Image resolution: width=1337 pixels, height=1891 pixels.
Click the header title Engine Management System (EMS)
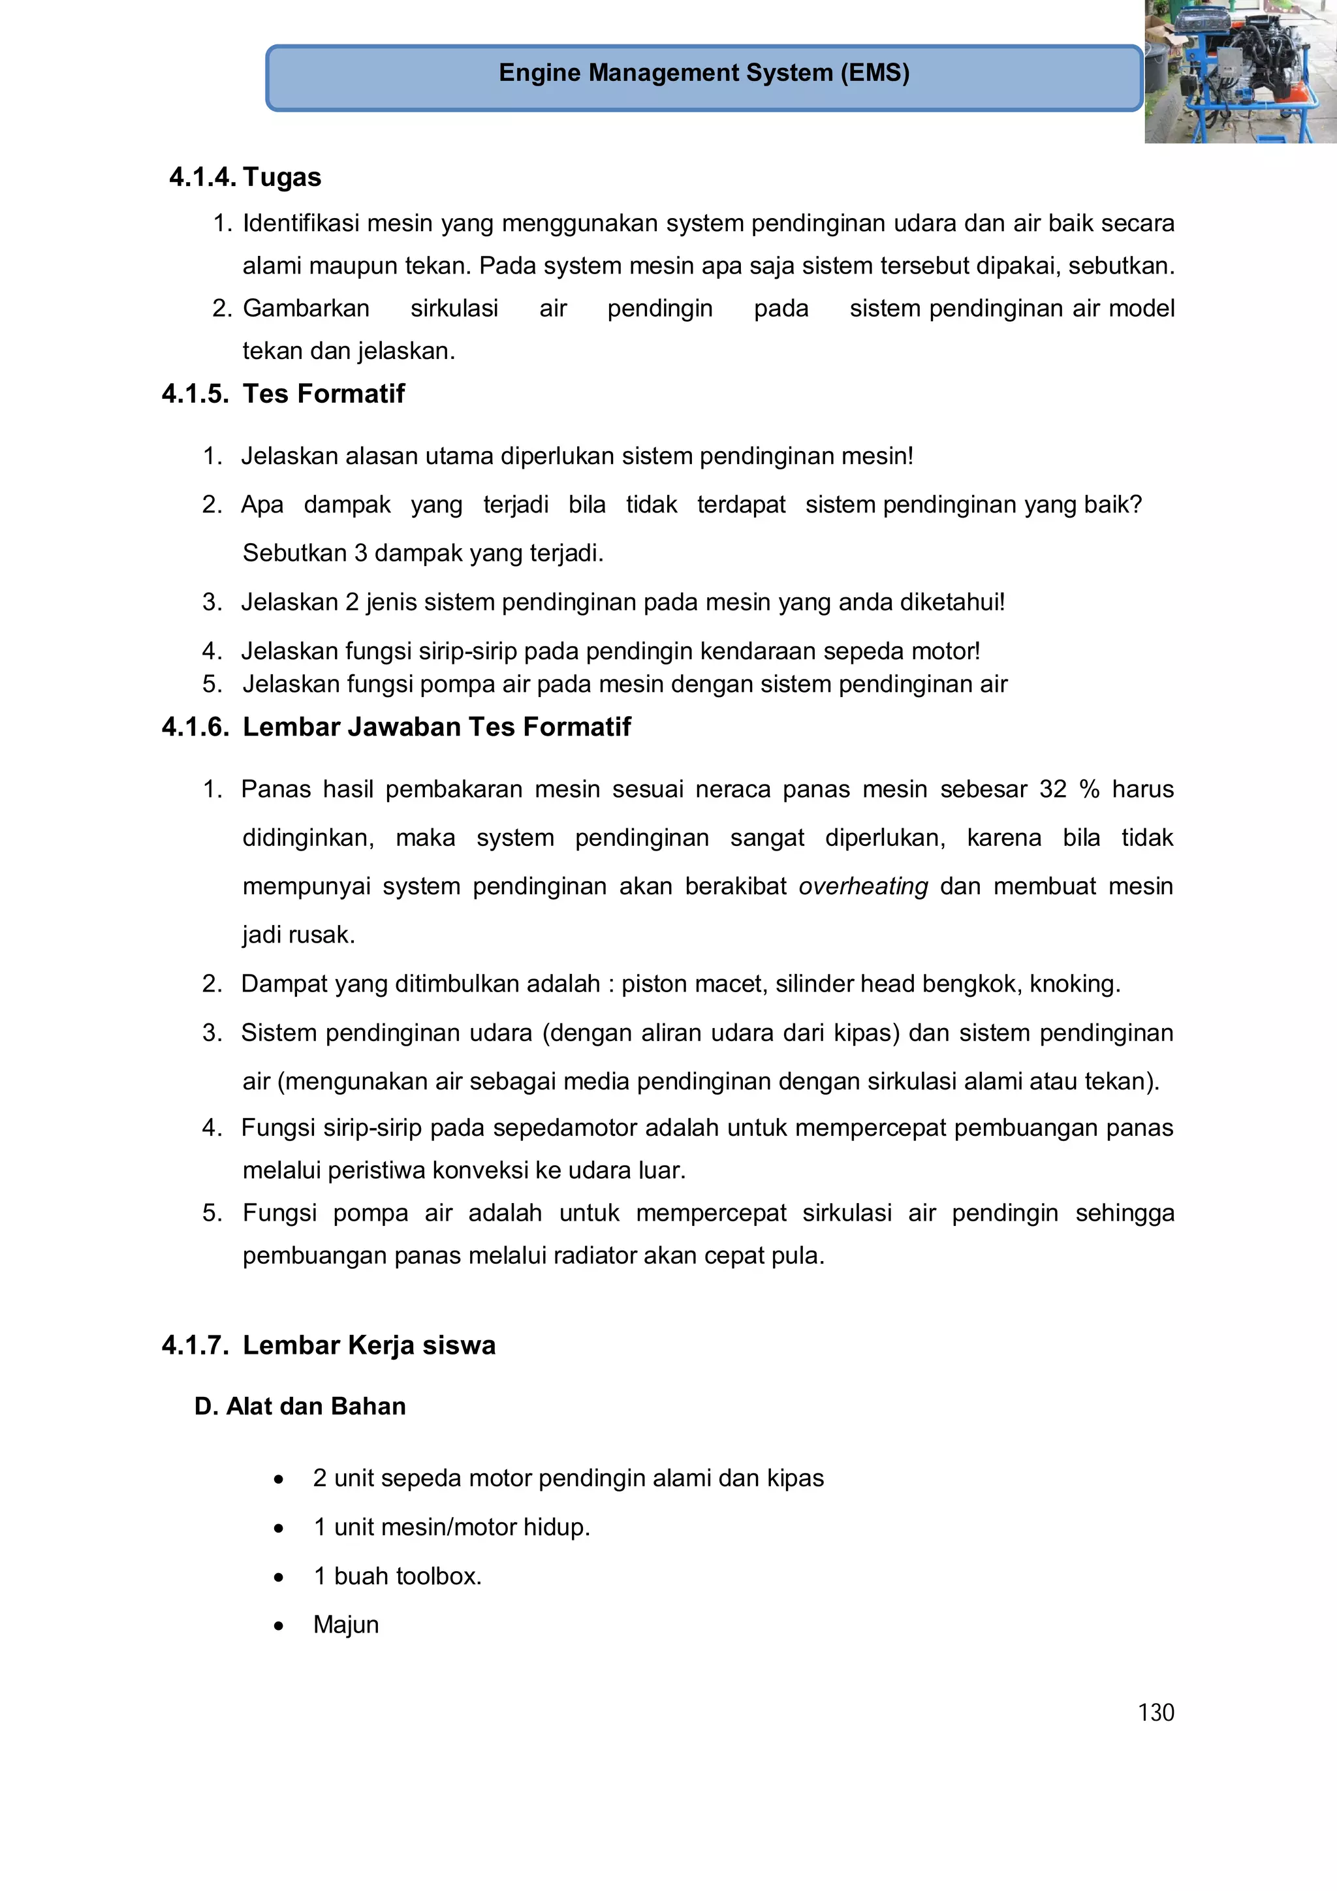tap(704, 72)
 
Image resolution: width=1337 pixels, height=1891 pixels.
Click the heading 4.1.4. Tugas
tap(245, 177)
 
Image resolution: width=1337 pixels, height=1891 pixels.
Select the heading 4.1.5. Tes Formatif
tap(283, 394)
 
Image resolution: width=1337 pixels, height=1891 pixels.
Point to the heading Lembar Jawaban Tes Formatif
tap(437, 727)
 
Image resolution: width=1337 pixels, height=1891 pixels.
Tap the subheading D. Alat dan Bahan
tap(300, 1406)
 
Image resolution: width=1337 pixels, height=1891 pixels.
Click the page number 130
tap(1156, 1712)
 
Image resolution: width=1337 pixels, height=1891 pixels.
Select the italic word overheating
tap(863, 886)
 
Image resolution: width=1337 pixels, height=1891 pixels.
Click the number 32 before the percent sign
tap(1053, 789)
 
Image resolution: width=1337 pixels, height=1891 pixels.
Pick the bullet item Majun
tap(346, 1624)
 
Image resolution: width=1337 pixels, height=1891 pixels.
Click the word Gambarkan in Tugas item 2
tap(306, 308)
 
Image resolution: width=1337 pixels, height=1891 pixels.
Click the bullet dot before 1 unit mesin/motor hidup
tap(279, 1529)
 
